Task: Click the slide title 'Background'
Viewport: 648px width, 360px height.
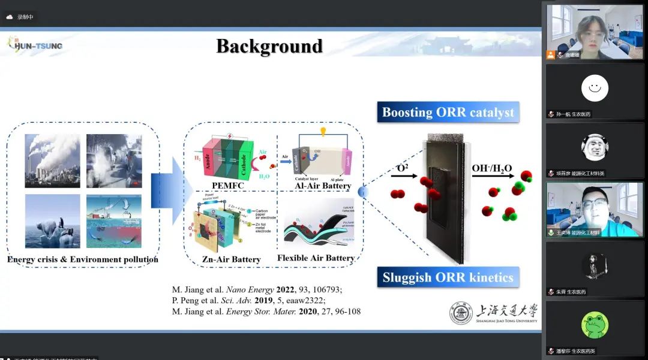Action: (269, 46)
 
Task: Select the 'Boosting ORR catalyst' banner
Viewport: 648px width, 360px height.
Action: (448, 112)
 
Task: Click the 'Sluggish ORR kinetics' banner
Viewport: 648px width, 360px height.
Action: (448, 278)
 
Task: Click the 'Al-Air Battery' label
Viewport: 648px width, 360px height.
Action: (323, 186)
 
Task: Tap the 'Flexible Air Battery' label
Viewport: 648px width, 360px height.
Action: (316, 258)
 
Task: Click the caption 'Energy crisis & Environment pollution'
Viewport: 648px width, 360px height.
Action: (83, 259)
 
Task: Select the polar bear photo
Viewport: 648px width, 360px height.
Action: (52, 221)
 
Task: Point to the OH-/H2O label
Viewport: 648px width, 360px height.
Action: (491, 168)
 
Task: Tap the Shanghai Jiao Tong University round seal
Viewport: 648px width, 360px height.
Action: (461, 313)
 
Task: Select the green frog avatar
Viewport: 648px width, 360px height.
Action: (595, 325)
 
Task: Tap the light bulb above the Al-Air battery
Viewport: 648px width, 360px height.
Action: (322, 131)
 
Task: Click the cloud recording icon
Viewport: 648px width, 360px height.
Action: (10, 17)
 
